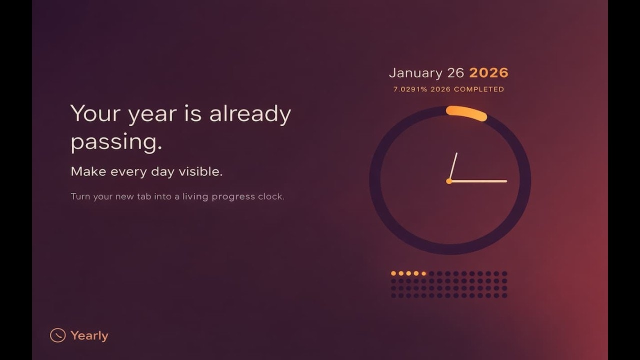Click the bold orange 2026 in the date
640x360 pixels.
488,73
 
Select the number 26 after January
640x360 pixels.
455,73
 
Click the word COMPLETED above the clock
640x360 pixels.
478,89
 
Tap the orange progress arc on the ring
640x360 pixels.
466,113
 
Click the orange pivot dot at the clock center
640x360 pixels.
449,181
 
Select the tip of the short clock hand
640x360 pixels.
456,153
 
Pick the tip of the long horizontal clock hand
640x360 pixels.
506,181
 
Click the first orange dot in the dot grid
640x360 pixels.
393,273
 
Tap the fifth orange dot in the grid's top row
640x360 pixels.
423,273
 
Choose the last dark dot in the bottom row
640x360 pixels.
504,295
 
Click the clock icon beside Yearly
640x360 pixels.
58,335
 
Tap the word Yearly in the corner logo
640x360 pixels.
89,335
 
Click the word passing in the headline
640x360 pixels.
116,142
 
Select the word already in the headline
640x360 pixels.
250,114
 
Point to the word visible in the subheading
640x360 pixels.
201,171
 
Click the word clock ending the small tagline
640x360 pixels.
271,196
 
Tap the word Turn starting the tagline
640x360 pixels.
80,196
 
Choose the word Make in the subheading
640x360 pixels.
88,171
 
